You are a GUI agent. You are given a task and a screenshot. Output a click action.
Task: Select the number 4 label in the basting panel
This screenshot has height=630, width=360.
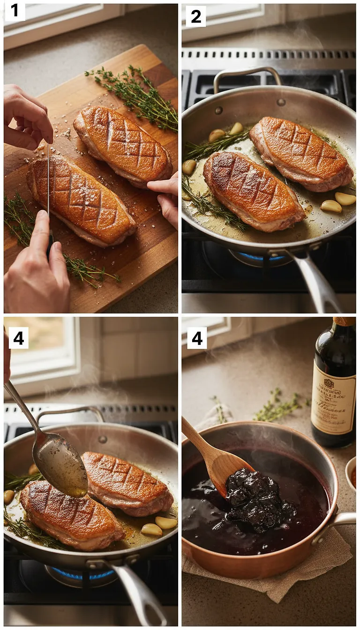click(x=18, y=337)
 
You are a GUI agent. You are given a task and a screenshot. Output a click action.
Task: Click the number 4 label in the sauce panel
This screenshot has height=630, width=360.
click(x=197, y=337)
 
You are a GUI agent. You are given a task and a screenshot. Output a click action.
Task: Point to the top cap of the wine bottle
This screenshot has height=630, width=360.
click(x=344, y=321)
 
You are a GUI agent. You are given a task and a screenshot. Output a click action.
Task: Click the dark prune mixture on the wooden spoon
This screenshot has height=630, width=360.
click(x=253, y=497)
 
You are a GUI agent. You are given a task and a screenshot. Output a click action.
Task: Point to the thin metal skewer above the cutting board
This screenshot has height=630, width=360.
click(x=48, y=178)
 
